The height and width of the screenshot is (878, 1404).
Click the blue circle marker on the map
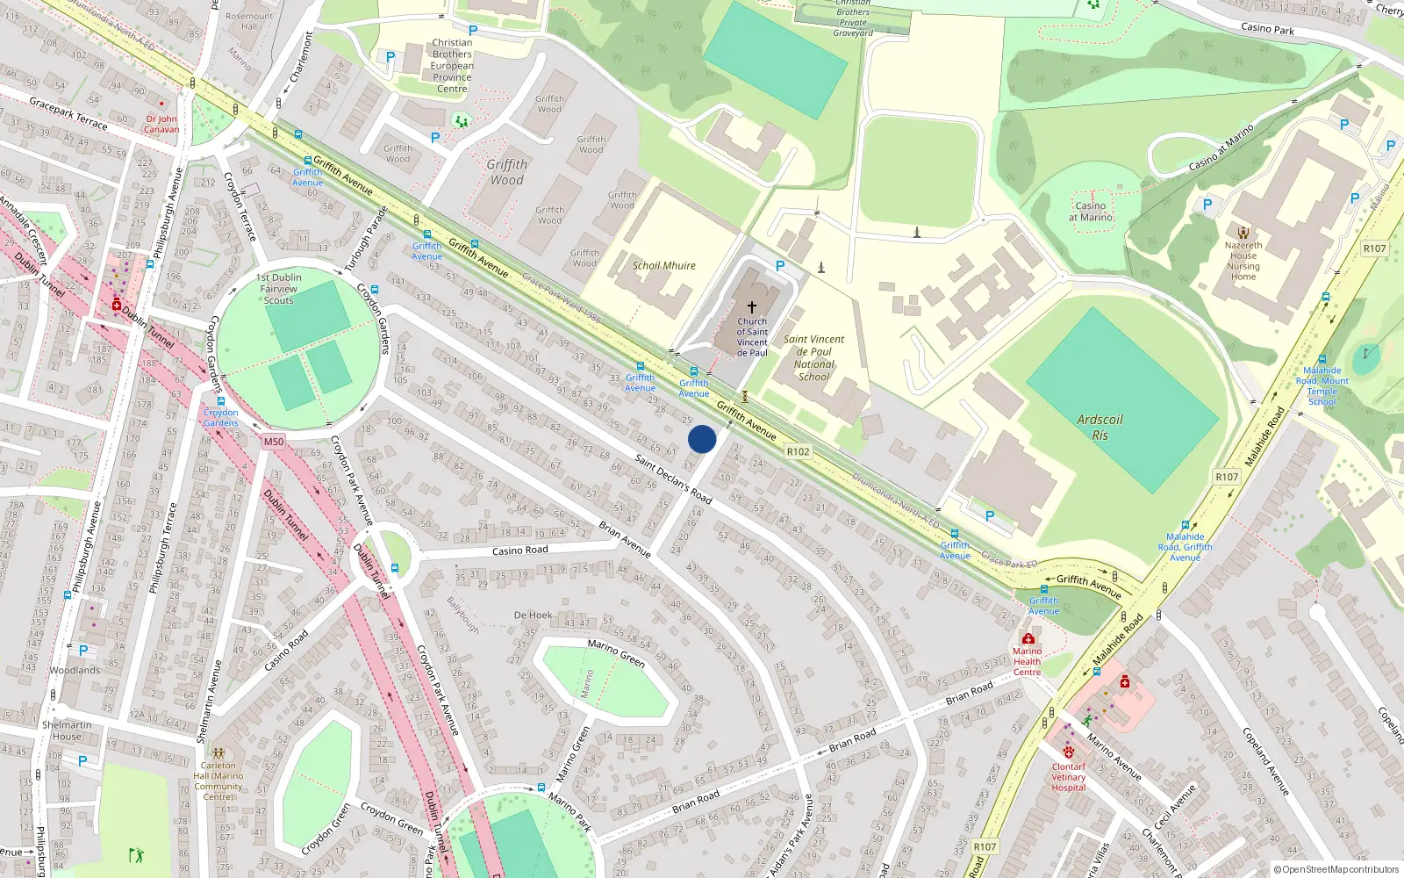tap(702, 439)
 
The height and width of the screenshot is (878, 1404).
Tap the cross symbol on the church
tap(752, 307)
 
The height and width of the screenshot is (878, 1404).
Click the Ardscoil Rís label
tap(1100, 427)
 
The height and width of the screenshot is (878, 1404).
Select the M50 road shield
tap(274, 442)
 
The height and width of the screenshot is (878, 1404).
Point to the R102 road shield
tap(798, 451)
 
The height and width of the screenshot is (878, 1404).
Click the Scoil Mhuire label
tap(664, 265)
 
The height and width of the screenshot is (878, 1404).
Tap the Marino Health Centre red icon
tap(1028, 638)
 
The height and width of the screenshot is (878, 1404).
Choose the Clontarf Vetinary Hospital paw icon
tap(1068, 752)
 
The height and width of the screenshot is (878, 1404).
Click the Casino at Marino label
tap(1091, 212)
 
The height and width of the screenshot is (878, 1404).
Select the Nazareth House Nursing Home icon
tap(1243, 233)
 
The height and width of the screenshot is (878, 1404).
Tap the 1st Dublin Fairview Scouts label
tap(279, 289)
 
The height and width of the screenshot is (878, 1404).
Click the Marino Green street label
tap(616, 652)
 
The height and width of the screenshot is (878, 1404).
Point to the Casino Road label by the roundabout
tap(520, 551)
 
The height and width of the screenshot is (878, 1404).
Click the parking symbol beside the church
tap(780, 265)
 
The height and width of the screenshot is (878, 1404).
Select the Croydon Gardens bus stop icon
tap(221, 401)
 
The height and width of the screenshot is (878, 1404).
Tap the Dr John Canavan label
tap(161, 124)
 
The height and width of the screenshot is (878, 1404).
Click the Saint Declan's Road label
tap(673, 479)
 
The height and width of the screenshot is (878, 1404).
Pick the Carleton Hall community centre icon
tap(218, 752)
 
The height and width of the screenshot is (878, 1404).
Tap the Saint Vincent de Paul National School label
tap(814, 357)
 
